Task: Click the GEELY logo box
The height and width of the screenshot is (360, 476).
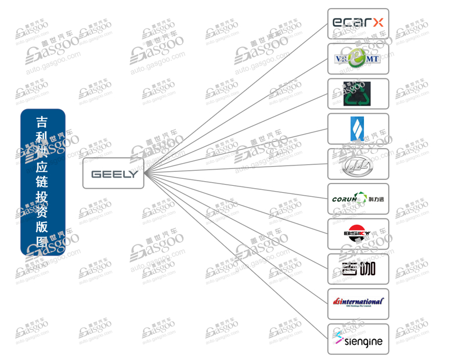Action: (x=113, y=173)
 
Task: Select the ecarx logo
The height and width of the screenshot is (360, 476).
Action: (x=358, y=23)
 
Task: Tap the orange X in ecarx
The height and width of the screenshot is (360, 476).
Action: (x=377, y=23)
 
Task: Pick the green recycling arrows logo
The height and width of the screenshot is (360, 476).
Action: (x=358, y=93)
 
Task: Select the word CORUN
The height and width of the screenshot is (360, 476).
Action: (x=347, y=200)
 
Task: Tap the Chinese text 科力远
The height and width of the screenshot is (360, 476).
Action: (x=376, y=200)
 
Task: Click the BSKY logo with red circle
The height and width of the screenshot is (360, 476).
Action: (x=358, y=234)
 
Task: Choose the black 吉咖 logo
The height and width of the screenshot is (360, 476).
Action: (x=358, y=269)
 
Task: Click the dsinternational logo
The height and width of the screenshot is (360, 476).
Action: (x=358, y=303)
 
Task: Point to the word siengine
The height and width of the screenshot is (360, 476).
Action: (x=363, y=341)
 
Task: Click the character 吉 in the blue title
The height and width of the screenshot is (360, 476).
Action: (x=42, y=122)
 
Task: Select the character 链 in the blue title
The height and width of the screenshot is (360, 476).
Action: (x=42, y=182)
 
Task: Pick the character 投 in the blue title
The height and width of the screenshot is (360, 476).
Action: (x=42, y=197)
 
